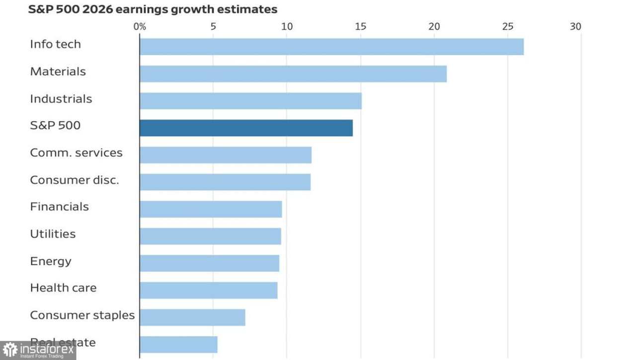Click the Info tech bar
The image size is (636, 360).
(x=331, y=47)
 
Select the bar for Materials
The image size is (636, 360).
(x=293, y=74)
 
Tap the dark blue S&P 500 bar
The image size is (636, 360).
(x=246, y=128)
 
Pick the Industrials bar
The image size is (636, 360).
(x=250, y=101)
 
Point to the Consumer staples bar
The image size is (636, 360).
(x=192, y=317)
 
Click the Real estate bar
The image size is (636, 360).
(x=178, y=345)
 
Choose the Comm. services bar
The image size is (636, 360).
(x=226, y=155)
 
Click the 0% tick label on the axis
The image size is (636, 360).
(x=140, y=27)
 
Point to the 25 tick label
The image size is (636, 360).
(x=508, y=27)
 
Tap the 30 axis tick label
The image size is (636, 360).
(x=575, y=27)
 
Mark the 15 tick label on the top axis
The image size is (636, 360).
(x=360, y=27)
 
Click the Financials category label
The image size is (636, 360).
(x=59, y=207)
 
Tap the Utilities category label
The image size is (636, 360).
(x=53, y=234)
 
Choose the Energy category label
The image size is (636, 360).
(x=51, y=261)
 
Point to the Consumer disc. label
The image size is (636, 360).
(x=75, y=180)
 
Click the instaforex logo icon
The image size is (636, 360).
(x=10, y=350)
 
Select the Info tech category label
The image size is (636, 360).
(x=55, y=44)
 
